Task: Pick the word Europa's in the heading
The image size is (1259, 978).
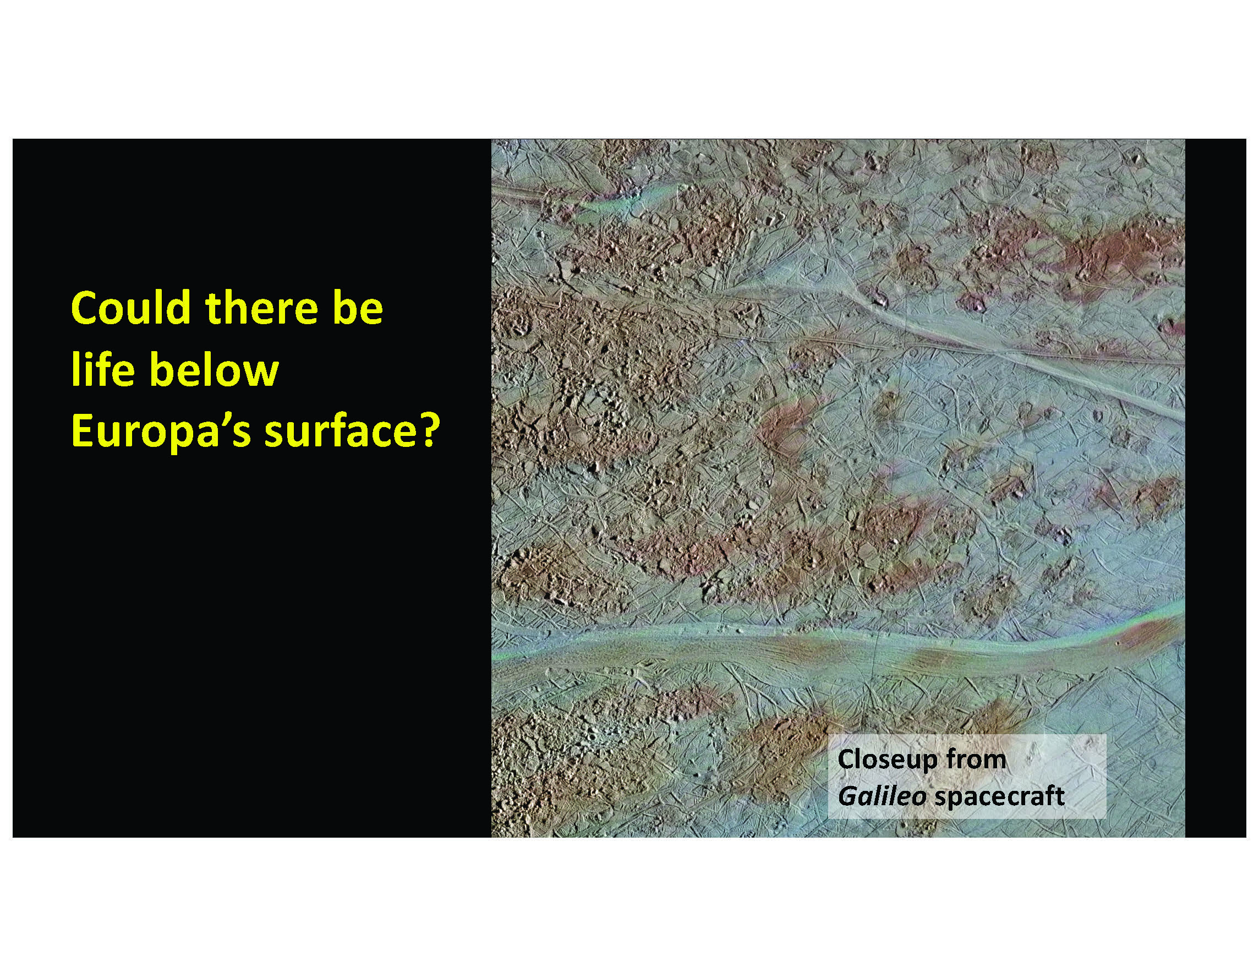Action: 161,432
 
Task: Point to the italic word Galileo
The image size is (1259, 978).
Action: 882,796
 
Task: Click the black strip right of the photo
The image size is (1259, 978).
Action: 1215,488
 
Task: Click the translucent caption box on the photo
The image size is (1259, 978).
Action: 967,776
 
